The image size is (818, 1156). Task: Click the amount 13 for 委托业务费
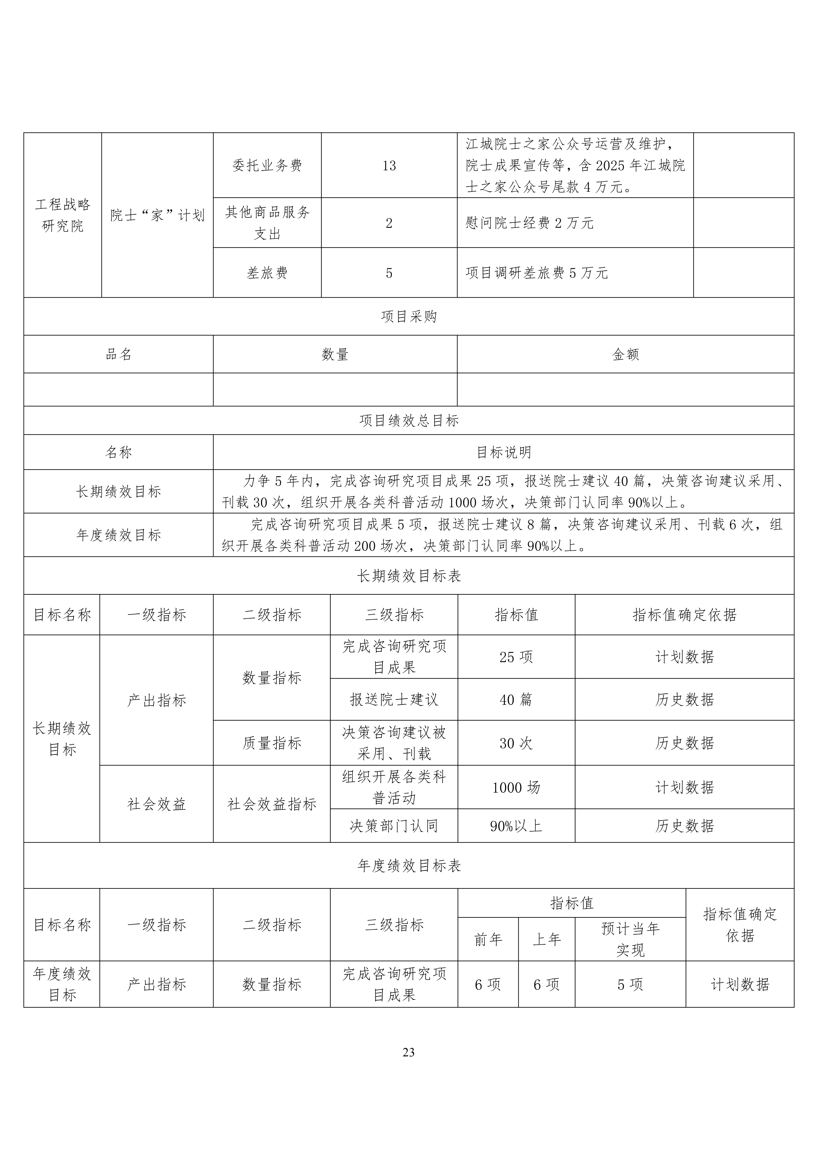click(x=389, y=166)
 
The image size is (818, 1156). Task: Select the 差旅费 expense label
click(x=267, y=273)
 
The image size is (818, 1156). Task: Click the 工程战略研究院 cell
click(x=62, y=215)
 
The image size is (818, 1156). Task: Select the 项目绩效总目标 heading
click(x=409, y=420)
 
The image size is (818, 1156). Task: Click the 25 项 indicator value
click(x=516, y=657)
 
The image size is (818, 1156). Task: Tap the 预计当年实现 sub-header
click(x=630, y=939)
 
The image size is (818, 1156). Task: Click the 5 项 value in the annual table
click(x=630, y=984)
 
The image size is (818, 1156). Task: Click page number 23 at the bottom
click(x=409, y=1052)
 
